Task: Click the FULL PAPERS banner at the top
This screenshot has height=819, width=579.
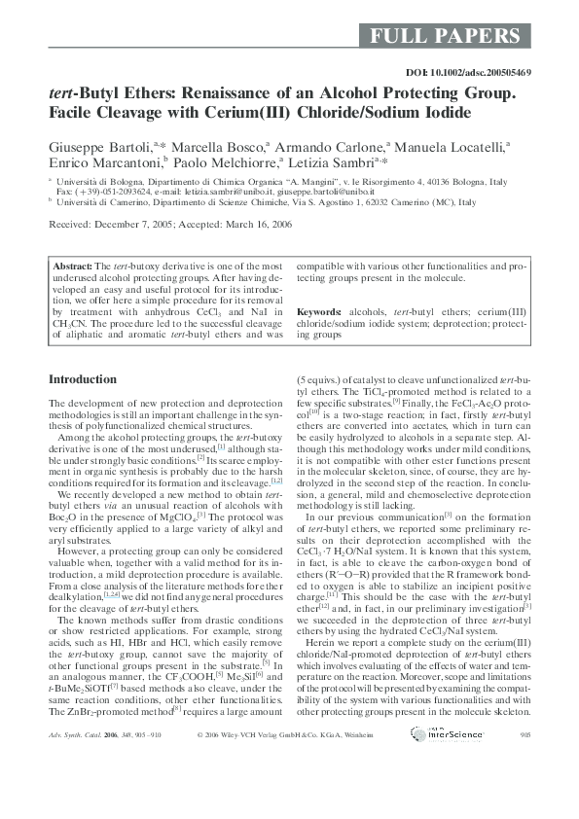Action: click(445, 37)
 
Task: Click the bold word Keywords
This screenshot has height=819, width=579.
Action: click(318, 311)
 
